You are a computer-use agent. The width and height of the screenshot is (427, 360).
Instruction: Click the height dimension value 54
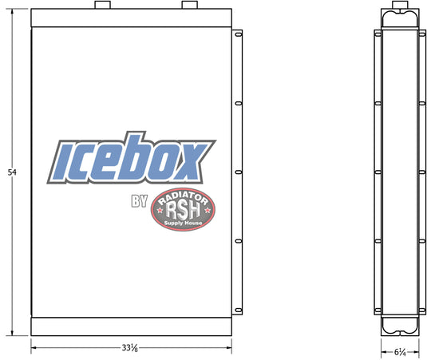(x=12, y=172)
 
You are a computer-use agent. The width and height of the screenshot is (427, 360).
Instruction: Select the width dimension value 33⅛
(x=129, y=348)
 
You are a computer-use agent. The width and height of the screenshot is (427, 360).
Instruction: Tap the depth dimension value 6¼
(x=400, y=352)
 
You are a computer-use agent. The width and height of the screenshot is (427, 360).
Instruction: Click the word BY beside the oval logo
(x=140, y=201)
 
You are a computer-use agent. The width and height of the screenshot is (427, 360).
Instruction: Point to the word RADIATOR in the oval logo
(x=183, y=198)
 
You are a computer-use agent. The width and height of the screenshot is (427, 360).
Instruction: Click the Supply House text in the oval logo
(x=183, y=223)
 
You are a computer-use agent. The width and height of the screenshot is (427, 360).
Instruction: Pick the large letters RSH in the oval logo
(x=183, y=211)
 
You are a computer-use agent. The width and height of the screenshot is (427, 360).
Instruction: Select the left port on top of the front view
(x=102, y=5)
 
